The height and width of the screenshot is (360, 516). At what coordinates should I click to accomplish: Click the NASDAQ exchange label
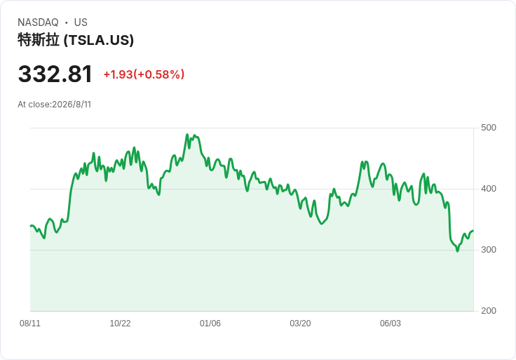(38, 22)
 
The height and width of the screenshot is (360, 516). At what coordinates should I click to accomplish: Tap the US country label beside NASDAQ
(81, 22)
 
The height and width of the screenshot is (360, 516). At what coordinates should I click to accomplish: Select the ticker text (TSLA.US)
(99, 40)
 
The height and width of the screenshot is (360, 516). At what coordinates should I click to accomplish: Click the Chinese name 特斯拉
(39, 40)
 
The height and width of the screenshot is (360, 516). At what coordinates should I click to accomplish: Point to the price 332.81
(55, 74)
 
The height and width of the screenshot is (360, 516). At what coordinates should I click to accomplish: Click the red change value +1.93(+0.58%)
(144, 74)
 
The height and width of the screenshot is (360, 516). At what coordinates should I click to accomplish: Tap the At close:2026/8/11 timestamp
(54, 105)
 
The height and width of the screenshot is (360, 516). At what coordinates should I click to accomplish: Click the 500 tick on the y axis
(489, 128)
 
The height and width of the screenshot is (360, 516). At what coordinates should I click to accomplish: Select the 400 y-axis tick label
(489, 189)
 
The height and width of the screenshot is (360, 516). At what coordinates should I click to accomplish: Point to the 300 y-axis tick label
(489, 250)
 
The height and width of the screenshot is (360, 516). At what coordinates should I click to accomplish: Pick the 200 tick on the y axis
(489, 311)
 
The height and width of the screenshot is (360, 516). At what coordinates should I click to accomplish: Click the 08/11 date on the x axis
(30, 324)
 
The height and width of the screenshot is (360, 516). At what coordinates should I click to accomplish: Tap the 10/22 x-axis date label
(120, 324)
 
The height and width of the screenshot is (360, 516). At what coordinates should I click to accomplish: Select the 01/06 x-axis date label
(210, 324)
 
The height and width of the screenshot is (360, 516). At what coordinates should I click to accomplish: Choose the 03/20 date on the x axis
(300, 324)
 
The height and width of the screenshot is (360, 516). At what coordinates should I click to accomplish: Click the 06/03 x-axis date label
(391, 324)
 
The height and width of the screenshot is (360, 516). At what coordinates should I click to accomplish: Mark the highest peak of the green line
(187, 134)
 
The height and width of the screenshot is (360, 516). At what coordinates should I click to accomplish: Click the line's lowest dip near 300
(457, 251)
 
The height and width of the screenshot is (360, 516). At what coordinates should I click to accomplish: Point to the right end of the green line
(473, 231)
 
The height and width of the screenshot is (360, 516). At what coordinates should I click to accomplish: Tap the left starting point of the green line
(31, 226)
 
